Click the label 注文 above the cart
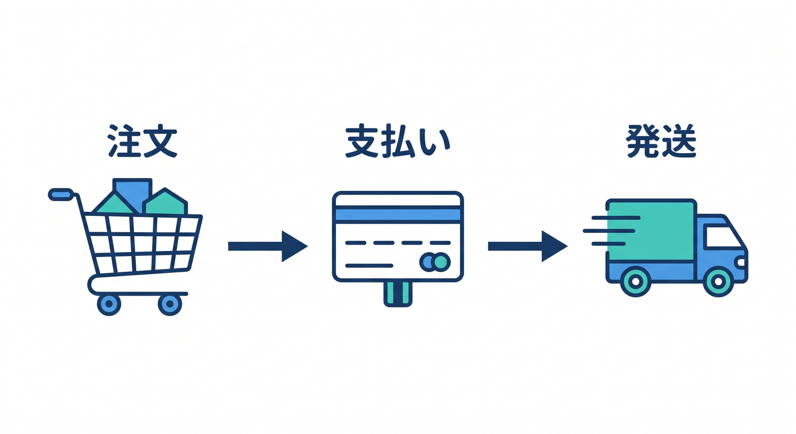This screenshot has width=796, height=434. [x=142, y=141]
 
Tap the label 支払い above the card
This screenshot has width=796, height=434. [x=398, y=141]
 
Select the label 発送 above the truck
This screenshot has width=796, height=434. [x=661, y=141]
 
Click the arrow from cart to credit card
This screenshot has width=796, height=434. [x=268, y=246]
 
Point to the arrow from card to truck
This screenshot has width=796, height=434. [x=527, y=246]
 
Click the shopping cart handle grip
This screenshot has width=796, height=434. [x=60, y=194]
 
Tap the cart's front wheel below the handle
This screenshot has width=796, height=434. [x=109, y=304]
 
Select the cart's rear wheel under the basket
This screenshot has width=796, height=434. [x=170, y=304]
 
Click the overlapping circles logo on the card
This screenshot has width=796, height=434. [x=435, y=262]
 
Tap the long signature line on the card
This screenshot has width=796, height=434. [x=369, y=266]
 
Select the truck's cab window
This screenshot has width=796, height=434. [x=721, y=236]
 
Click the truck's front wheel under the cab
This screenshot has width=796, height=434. [x=718, y=281]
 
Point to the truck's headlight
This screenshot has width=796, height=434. [x=741, y=262]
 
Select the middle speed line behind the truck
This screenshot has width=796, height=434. [x=609, y=231]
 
